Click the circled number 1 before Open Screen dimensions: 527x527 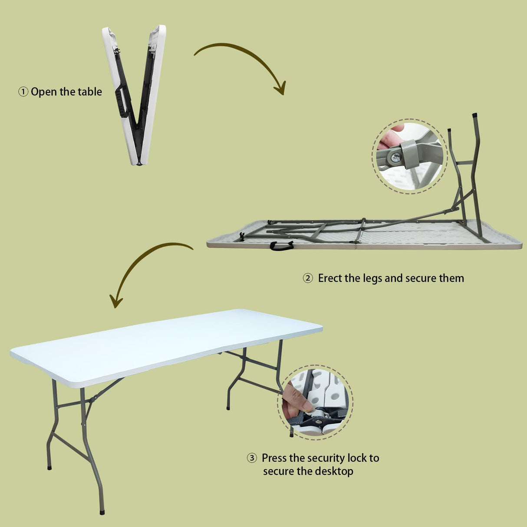pyautogui.click(x=23, y=92)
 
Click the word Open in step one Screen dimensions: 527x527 pyautogui.click(x=44, y=92)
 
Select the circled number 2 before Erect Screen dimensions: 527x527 pyautogui.click(x=307, y=278)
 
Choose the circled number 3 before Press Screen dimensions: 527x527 pyautogui.click(x=252, y=458)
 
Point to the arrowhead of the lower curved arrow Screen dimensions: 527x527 pyautogui.click(x=115, y=301)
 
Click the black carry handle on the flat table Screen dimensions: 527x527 pyautogui.click(x=281, y=246)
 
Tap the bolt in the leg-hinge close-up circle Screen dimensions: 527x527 pyautogui.click(x=395, y=158)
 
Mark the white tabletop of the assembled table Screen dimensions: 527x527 pyautogui.click(x=165, y=343)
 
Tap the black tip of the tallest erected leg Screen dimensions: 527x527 pyautogui.click(x=474, y=116)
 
